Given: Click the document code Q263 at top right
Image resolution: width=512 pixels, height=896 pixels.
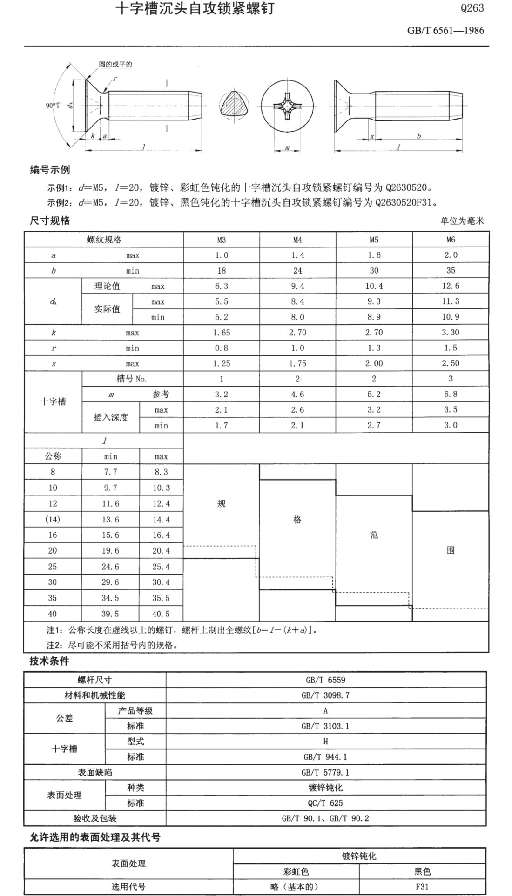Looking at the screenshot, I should [x=472, y=8].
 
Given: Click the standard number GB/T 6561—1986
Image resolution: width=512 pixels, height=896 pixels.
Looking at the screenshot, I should [x=445, y=31].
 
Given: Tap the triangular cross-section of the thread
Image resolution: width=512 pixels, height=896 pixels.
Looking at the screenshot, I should [x=234, y=106].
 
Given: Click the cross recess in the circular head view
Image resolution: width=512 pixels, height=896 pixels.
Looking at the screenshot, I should [x=287, y=107].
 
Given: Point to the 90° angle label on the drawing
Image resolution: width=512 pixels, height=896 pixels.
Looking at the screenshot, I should [x=53, y=106].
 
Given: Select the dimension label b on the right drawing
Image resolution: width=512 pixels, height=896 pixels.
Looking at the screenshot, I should [x=419, y=136].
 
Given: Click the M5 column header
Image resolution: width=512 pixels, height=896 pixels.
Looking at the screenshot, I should [x=374, y=240].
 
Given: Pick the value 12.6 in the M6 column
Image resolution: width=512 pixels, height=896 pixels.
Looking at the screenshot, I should [x=450, y=286].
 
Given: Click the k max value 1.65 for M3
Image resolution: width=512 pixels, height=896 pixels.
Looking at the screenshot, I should [x=222, y=333].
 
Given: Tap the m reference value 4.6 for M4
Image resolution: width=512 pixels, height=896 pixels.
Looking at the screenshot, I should [x=297, y=395].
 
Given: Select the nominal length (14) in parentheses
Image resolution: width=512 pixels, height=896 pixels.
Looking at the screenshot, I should [x=53, y=519].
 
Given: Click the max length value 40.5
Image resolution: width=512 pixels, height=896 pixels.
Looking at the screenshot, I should [x=161, y=614].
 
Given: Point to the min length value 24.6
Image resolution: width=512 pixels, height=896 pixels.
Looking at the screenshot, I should [x=110, y=567].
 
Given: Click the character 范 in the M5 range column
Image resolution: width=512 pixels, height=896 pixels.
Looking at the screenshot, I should [x=374, y=535].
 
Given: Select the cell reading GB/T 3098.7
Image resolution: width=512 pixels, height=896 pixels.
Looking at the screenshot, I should [x=325, y=695].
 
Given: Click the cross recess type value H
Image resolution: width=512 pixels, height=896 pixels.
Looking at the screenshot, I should [x=325, y=741].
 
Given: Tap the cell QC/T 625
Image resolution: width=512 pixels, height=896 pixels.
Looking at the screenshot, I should [x=325, y=803].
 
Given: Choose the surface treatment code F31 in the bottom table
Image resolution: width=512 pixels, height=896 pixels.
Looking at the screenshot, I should [x=422, y=887].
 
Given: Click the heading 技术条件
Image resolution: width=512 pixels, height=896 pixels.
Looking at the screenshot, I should [x=49, y=661].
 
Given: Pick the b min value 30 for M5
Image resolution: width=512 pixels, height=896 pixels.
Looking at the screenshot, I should [x=374, y=271].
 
